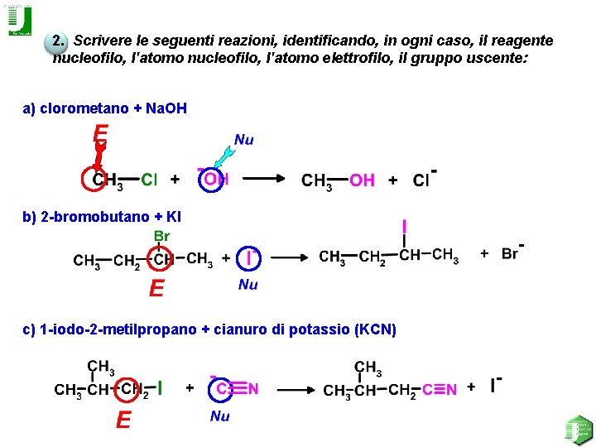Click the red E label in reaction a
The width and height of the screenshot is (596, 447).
tap(101, 134)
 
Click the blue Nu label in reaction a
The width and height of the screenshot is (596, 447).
tap(244, 140)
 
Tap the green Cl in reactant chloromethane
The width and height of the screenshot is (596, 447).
tap(150, 179)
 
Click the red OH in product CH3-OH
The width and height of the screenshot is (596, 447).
tap(362, 180)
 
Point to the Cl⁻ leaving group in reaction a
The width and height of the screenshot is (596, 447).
tap(424, 179)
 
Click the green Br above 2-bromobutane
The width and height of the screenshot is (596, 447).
tap(161, 236)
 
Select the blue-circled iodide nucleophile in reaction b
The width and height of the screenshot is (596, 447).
tap(248, 258)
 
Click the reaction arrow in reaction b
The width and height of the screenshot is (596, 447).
tap(289, 258)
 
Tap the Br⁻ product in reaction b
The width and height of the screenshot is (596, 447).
tap(512, 252)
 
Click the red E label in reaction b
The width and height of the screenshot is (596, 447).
tap(156, 288)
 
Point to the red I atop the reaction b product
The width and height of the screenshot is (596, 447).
tap(404, 226)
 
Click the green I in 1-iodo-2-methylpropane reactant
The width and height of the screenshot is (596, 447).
tap(160, 387)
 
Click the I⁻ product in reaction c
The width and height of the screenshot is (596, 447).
tap(494, 386)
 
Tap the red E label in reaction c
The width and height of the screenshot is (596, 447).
tap(123, 421)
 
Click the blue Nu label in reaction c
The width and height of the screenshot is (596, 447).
tap(219, 416)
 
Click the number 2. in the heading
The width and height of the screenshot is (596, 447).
tap(57, 41)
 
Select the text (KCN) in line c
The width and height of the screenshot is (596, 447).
tap(375, 329)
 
